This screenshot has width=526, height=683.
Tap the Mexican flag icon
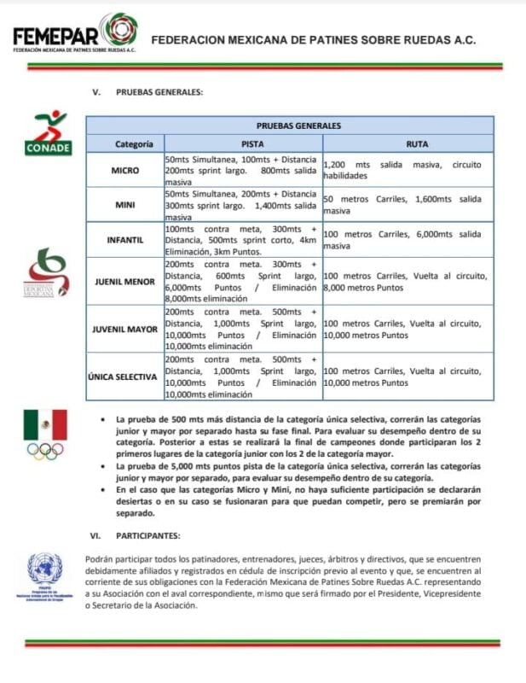coord(45,424)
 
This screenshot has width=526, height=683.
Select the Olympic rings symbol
coord(45,450)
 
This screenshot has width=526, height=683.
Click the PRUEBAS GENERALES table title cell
coord(290,125)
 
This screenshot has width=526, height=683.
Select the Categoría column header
coord(124,144)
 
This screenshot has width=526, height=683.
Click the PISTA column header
coord(242,144)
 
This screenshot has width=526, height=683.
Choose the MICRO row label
coord(124,170)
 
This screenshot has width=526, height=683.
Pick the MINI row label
coord(124,205)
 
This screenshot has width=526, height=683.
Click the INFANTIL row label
coord(124,240)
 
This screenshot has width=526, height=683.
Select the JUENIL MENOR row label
coord(124,281)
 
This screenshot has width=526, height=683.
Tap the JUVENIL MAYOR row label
coord(124,329)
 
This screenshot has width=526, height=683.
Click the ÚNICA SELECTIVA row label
coord(124,377)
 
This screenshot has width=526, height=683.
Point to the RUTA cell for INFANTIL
coord(407,240)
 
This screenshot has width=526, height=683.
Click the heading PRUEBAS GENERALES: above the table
coord(159,92)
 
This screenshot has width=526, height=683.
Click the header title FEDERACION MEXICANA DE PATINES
coord(313,39)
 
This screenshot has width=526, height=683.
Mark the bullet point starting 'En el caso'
coord(293,502)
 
